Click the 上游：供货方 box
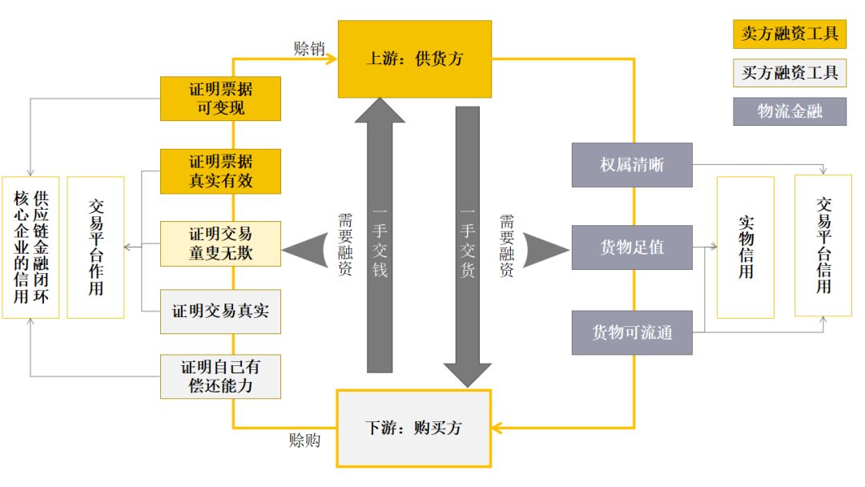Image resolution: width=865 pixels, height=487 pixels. coord(414,58)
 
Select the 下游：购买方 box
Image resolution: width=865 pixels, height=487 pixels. coord(413,428)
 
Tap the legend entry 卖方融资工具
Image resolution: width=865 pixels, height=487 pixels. coord(789,34)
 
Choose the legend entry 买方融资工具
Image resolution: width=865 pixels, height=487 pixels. coord(789,73)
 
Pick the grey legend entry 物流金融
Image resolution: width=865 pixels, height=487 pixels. coord(789,111)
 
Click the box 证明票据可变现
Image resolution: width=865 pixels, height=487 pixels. coord(220,98)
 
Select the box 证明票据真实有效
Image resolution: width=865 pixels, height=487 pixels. coord(220,171)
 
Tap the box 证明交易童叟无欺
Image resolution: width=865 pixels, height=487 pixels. coord(220,243)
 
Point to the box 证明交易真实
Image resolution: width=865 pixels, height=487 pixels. coord(220,312)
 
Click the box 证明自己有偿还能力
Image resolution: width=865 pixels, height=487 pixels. coord(220,376)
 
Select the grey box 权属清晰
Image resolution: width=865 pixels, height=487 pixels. coord(632,165)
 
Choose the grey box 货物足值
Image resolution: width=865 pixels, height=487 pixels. coord(632,247)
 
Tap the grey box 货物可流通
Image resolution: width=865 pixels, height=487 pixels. coord(632,332)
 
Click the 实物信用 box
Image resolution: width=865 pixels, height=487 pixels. coord(745,247)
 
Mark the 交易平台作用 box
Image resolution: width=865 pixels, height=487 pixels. coord(95,247)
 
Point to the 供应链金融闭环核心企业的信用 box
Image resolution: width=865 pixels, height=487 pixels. coord(30,247)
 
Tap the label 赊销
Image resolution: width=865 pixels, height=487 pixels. coord(309,48)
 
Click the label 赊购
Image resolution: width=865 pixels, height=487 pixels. coord(304,441)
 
